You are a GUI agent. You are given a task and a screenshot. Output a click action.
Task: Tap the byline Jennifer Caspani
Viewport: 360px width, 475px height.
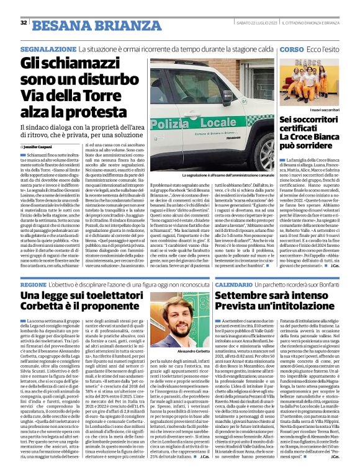[41, 146]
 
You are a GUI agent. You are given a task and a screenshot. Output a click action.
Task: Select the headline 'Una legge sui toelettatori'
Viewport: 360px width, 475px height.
[87, 297]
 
